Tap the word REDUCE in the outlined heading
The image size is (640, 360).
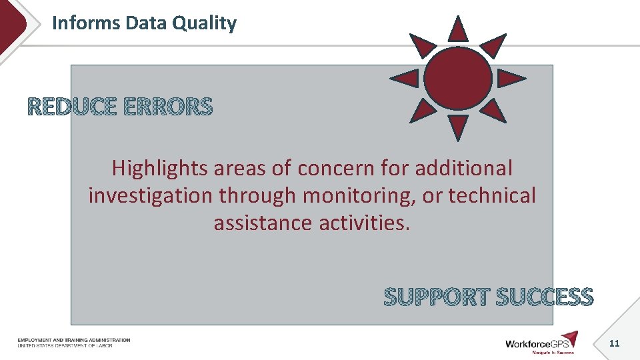pyautogui.click(x=72, y=107)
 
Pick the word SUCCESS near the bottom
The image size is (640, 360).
pyautogui.click(x=544, y=297)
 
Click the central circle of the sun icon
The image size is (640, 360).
pyautogui.click(x=457, y=78)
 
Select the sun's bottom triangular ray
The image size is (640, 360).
pyautogui.click(x=457, y=126)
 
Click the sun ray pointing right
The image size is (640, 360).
pyautogui.click(x=509, y=79)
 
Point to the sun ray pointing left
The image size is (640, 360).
pyautogui.click(x=405, y=79)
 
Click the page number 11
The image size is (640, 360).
pyautogui.click(x=615, y=343)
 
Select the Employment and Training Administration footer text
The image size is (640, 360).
pyautogui.click(x=74, y=341)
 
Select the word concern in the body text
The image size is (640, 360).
pyautogui.click(x=338, y=169)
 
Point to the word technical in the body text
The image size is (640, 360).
pyautogui.click(x=492, y=196)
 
